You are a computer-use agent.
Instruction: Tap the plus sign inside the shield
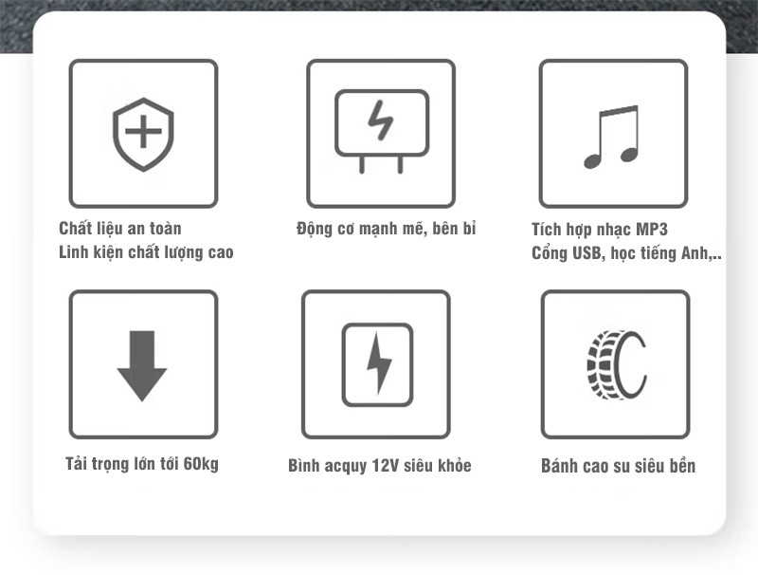click(143, 131)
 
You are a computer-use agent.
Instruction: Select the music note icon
click(611, 137)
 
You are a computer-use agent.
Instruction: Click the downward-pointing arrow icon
click(142, 366)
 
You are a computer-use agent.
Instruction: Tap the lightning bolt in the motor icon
click(381, 121)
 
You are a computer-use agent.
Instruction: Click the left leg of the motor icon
click(362, 164)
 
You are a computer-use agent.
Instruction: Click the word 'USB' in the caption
click(587, 252)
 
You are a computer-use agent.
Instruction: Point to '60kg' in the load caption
click(201, 464)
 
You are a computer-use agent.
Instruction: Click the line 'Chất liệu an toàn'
click(120, 228)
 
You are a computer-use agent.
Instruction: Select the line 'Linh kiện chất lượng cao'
click(146, 251)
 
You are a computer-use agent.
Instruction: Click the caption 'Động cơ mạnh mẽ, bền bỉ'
click(387, 229)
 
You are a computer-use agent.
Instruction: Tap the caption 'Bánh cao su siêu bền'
click(619, 466)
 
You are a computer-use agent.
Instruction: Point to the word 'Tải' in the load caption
click(76, 463)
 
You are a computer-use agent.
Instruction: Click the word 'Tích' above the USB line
click(546, 229)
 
